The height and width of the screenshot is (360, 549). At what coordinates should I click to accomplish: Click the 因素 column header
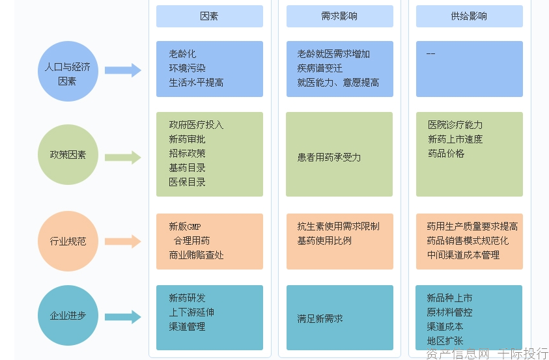click(x=209, y=16)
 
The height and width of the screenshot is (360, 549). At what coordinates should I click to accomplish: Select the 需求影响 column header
click(x=339, y=16)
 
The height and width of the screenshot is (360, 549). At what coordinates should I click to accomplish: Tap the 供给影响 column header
click(x=469, y=16)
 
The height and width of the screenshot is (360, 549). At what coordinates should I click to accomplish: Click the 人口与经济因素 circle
click(x=68, y=72)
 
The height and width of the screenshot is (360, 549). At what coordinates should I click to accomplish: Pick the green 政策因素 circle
click(x=68, y=155)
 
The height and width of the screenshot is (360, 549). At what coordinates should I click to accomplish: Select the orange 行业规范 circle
click(x=68, y=241)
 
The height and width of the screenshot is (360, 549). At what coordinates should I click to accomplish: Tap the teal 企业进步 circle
click(x=68, y=316)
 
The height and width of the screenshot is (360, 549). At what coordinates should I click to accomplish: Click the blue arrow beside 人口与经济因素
click(x=123, y=70)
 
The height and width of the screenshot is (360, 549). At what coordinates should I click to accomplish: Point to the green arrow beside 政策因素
click(x=123, y=157)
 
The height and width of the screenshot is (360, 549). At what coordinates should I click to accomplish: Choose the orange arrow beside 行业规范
click(x=123, y=242)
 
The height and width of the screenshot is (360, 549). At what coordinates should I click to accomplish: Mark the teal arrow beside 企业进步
click(x=123, y=317)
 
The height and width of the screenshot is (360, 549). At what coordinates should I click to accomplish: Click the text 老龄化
click(x=182, y=54)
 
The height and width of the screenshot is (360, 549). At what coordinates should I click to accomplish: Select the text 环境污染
click(x=188, y=68)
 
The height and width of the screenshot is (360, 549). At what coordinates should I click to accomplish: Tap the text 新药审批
click(x=188, y=139)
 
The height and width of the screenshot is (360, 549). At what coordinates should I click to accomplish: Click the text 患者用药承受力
click(x=329, y=157)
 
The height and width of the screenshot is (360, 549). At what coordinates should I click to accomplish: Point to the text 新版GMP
click(x=185, y=227)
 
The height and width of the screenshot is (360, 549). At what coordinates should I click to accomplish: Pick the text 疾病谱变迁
click(x=320, y=68)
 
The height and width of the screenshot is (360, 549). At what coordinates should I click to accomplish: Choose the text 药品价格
click(x=446, y=154)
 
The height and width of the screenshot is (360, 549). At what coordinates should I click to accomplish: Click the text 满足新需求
click(x=320, y=319)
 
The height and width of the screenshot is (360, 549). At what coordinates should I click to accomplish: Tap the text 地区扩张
click(x=445, y=340)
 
